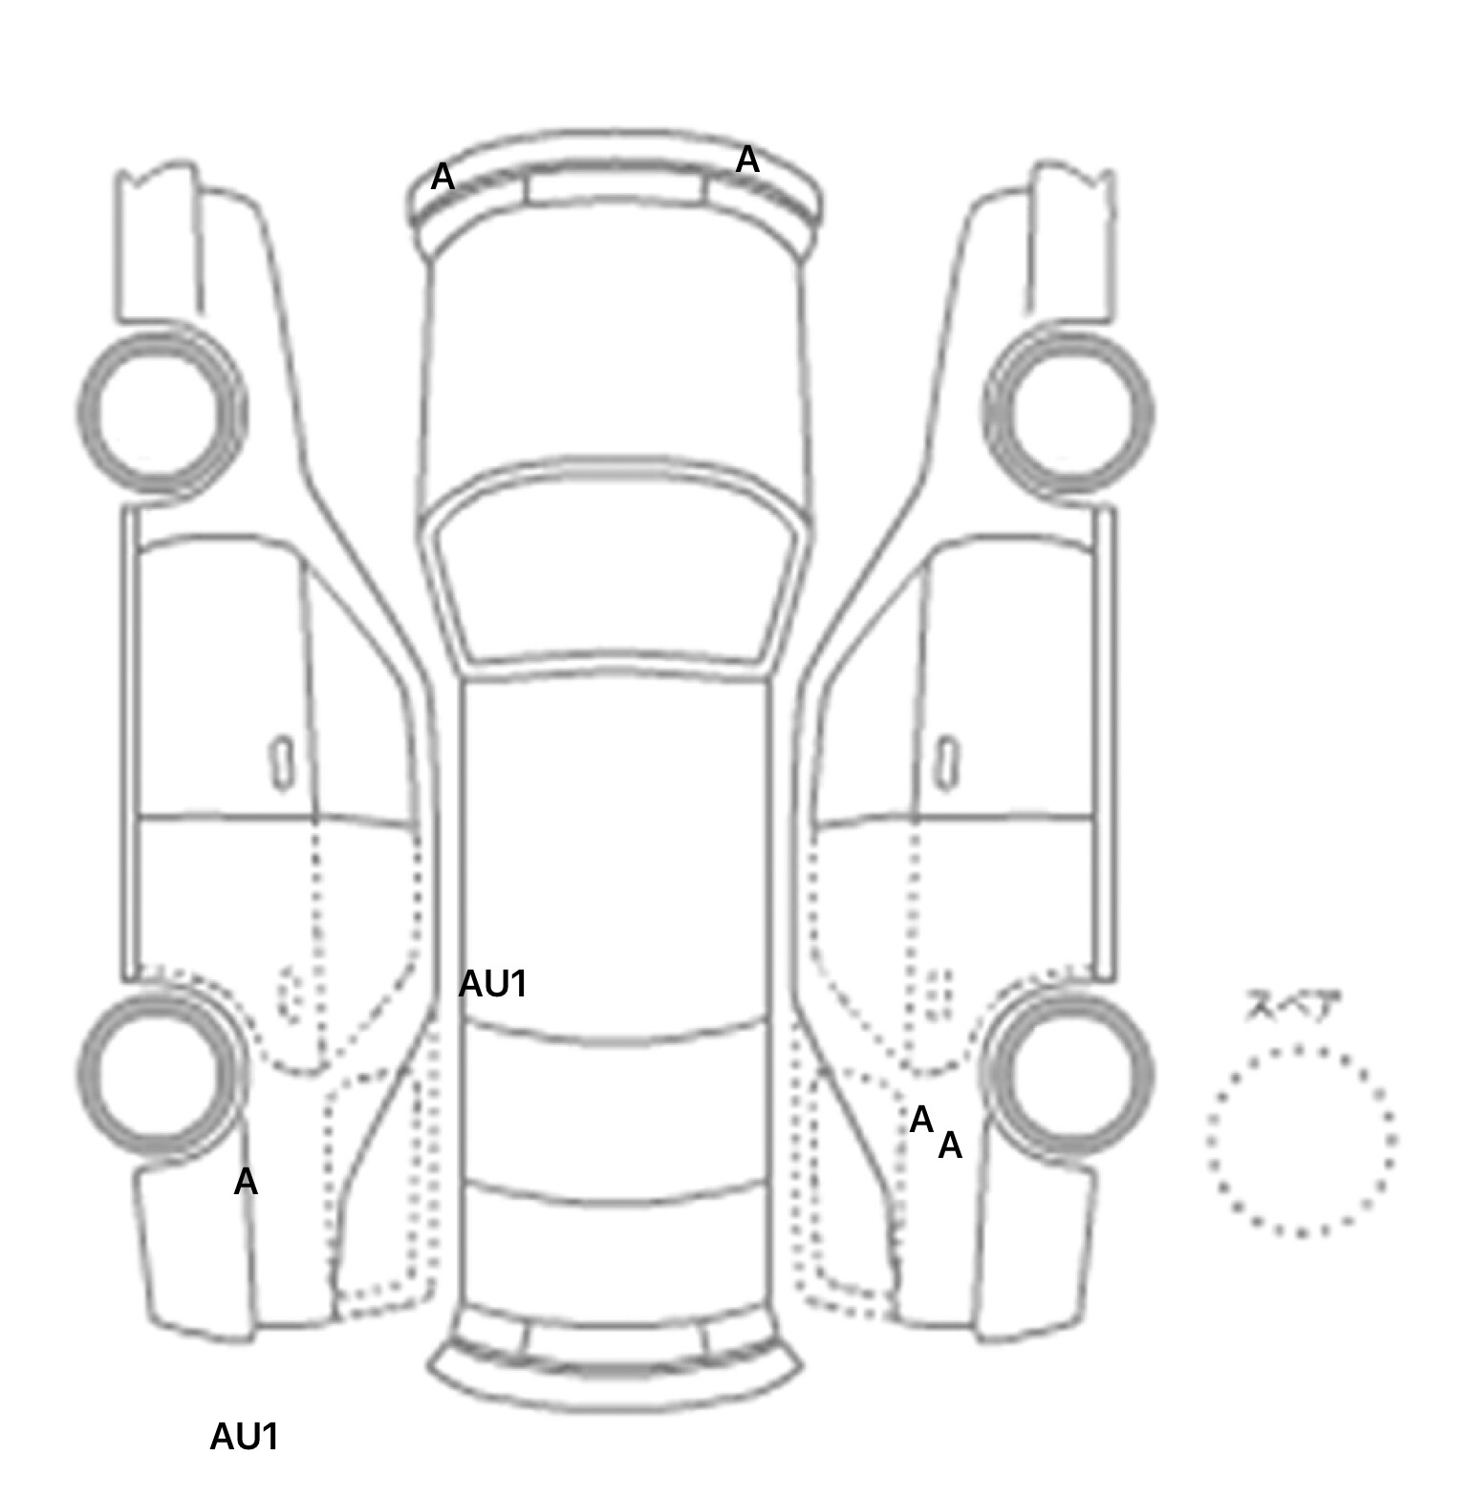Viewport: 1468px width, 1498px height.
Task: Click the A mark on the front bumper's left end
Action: coord(442,177)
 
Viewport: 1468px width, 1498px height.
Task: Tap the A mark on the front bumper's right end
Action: coord(747,160)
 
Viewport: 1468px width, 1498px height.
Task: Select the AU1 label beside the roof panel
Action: coord(493,984)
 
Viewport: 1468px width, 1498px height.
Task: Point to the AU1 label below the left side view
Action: coord(245,1437)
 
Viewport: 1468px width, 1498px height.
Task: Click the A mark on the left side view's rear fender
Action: coord(246,1182)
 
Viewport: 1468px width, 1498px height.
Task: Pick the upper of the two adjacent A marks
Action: coord(921,1120)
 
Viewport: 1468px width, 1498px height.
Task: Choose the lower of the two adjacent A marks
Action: coord(950,1145)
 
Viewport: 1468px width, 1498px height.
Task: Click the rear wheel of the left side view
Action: coord(159,1072)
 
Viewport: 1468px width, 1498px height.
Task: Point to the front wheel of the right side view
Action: coord(1069,413)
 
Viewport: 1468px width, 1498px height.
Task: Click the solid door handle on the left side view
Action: coord(282,763)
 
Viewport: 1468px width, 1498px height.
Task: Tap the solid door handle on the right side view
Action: coord(946,763)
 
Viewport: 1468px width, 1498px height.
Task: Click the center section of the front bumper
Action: coord(615,187)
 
